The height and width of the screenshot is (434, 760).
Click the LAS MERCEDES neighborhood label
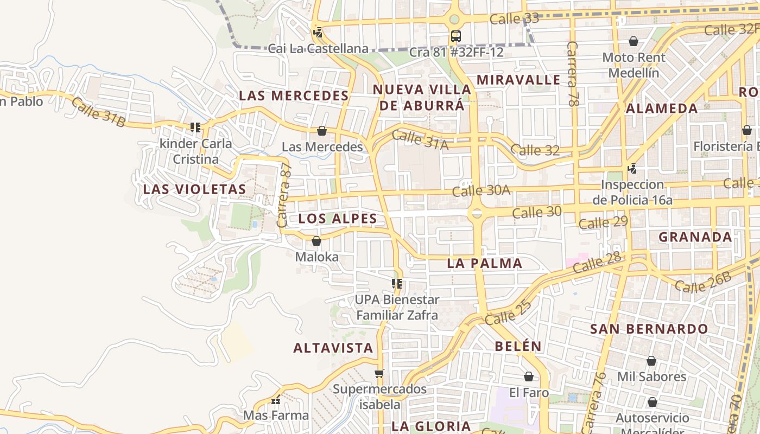pyautogui.click(x=294, y=95)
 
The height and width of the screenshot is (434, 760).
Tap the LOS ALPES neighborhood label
pyautogui.click(x=338, y=219)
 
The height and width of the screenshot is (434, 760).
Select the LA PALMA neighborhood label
pyautogui.click(x=485, y=263)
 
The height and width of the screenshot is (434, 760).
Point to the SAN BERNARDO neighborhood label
pyautogui.click(x=649, y=329)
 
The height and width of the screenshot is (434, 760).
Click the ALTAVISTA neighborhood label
pyautogui.click(x=333, y=348)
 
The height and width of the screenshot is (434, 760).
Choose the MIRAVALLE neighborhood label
pyautogui.click(x=518, y=80)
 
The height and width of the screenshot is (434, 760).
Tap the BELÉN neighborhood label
pyautogui.click(x=518, y=346)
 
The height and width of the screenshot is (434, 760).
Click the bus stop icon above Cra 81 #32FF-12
pyautogui.click(x=456, y=36)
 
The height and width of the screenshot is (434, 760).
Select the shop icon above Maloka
pyautogui.click(x=316, y=241)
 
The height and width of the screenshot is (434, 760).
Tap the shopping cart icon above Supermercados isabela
pyautogui.click(x=379, y=373)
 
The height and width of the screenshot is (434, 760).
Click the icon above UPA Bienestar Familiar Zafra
pyautogui.click(x=397, y=284)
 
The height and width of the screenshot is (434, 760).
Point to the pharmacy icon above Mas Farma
pyautogui.click(x=276, y=400)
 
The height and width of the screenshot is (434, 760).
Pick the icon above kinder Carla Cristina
pyautogui.click(x=195, y=127)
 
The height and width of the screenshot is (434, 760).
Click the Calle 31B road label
pyautogui.click(x=98, y=112)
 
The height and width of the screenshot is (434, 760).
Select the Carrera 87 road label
pyautogui.click(x=284, y=195)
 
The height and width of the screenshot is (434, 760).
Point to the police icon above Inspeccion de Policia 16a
pyautogui.click(x=632, y=169)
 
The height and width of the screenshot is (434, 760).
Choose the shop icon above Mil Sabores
pyautogui.click(x=651, y=361)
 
